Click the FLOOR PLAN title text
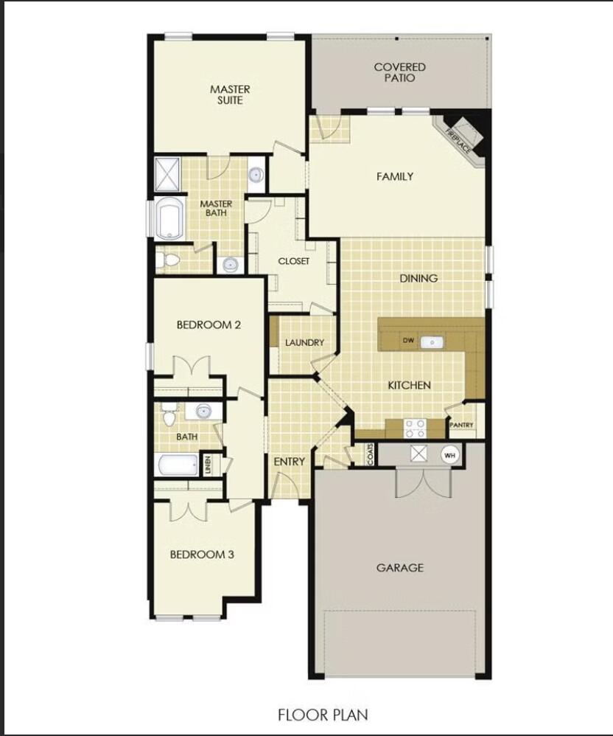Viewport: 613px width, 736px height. point(323,715)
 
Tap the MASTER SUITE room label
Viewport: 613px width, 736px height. point(230,94)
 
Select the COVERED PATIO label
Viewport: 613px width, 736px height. point(399,72)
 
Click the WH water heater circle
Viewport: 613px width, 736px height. point(449,455)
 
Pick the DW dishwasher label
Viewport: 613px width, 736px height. point(408,340)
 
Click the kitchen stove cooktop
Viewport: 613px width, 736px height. point(415,428)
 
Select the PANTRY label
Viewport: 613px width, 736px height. point(461,425)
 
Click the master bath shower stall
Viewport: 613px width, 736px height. point(167,174)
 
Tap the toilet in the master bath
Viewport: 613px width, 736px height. point(166,260)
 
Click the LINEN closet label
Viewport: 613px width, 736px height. point(207,464)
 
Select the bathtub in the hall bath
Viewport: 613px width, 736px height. point(178,465)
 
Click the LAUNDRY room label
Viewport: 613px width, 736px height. point(304,343)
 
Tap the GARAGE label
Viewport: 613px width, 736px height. point(399,568)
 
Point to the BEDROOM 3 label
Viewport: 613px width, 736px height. point(202,555)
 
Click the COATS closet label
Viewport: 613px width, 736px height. point(371,454)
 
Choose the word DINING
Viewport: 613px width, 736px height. point(418,278)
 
